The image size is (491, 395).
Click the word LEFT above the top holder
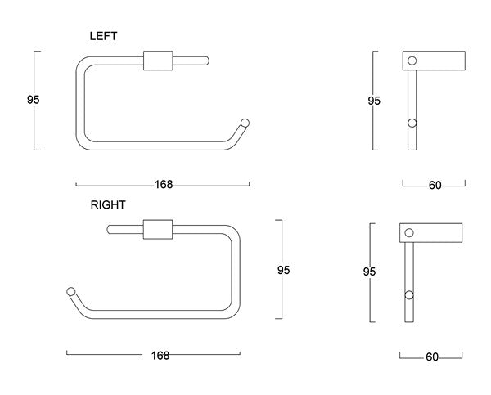click(104, 37)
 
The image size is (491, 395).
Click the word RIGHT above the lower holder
click(108, 204)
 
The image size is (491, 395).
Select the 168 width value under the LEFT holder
click(164, 185)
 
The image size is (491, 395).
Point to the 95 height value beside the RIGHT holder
click(282, 269)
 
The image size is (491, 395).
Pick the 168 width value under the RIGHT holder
click(160, 355)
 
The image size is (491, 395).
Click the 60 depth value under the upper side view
click(435, 186)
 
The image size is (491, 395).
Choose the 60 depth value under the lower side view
click(432, 357)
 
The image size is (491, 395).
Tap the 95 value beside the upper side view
click(374, 101)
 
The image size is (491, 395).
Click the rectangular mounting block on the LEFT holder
click(159, 61)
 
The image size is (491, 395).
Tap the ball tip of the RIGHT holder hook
click(71, 292)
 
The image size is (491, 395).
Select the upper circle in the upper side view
click(412, 60)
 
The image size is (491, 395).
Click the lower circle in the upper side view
click(412, 123)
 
